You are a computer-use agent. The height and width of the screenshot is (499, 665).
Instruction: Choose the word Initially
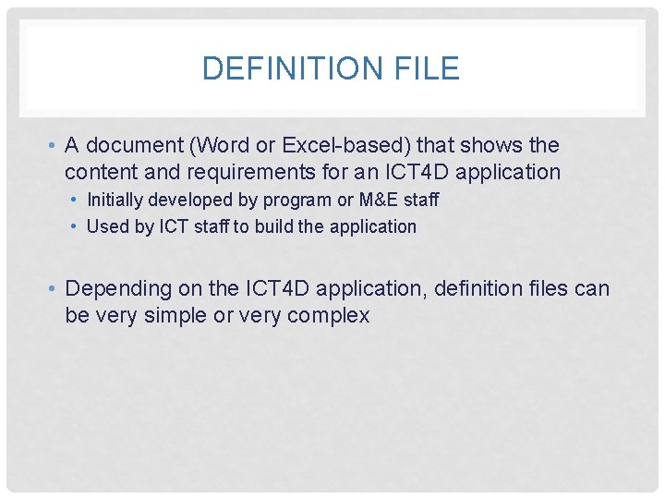pyautogui.click(x=116, y=200)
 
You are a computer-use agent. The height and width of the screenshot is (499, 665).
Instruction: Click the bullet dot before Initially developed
pyautogui.click(x=75, y=200)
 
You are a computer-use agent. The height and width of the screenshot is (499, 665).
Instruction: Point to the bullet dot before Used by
pyautogui.click(x=75, y=226)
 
